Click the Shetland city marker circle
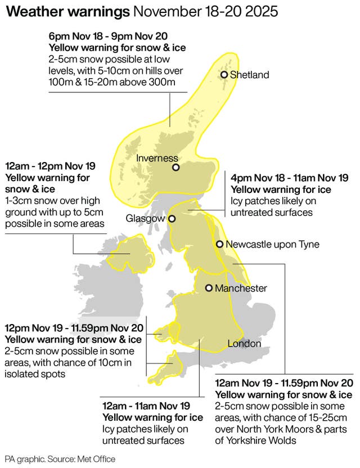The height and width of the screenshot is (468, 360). pos(224,75)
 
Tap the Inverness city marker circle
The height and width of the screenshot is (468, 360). pos(176,167)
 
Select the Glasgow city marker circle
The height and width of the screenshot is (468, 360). pos(173,219)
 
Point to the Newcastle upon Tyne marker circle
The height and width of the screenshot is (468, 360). pos(219,244)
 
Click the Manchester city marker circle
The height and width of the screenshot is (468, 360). pos(209,288)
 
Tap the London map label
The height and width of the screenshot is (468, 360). pos(244,344)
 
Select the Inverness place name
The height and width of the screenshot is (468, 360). pos(157,158)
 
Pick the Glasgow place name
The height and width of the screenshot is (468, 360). pos(145,218)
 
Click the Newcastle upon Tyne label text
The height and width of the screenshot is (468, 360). pos(272,244)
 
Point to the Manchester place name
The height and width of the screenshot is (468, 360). pos(242,288)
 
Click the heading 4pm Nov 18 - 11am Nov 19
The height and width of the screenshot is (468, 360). pos(290,178)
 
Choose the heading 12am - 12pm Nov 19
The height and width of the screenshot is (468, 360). pos(50,166)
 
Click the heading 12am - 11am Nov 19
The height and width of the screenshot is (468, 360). pos(146,406)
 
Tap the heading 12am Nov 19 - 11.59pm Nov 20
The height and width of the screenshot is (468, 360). pos(284,383)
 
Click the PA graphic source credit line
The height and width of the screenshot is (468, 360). pos(60,459)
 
